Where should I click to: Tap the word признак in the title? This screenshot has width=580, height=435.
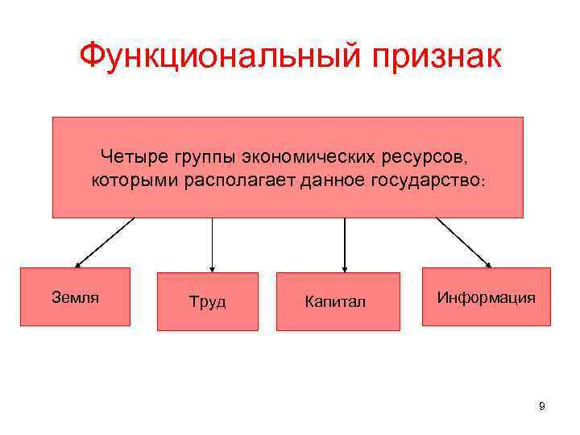click(x=432, y=57)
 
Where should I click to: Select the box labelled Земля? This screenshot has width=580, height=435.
click(x=75, y=296)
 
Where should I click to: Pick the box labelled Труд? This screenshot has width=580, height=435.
click(x=208, y=301)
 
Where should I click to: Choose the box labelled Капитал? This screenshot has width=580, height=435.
click(x=338, y=301)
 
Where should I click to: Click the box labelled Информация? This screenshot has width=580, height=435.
click(x=487, y=296)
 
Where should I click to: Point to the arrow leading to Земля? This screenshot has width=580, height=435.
click(x=104, y=242)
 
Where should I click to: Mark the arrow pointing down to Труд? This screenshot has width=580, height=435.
click(x=212, y=245)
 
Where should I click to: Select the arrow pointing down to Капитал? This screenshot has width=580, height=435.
click(x=345, y=245)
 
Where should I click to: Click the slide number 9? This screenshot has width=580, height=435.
click(x=541, y=406)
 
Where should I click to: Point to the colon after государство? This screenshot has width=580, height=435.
click(x=482, y=180)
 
